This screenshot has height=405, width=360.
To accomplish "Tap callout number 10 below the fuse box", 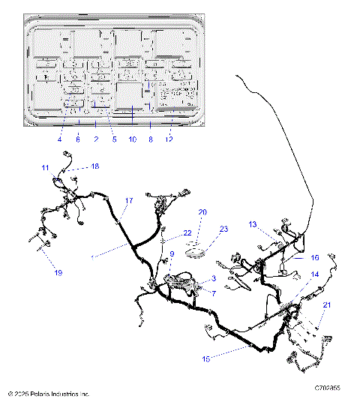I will (x=133, y=139).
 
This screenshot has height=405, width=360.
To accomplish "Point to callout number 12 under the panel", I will (x=169, y=139).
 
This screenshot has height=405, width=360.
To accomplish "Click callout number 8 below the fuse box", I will (x=150, y=139).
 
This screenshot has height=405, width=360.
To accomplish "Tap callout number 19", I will (x=58, y=273).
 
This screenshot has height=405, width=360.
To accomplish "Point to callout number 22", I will (x=187, y=232).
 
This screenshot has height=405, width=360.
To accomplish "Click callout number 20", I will (x=202, y=212).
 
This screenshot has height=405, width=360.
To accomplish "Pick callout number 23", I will (x=223, y=229).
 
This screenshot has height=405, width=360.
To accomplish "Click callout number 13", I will (x=253, y=224).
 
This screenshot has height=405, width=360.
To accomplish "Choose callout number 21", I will (x=326, y=304).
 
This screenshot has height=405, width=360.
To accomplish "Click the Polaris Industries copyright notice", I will (x=48, y=393).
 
